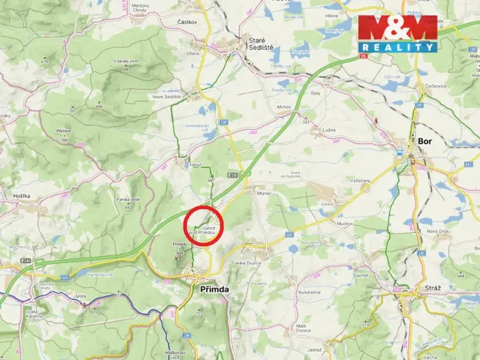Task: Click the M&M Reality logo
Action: coord(397,33)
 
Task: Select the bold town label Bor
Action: coord(425,142)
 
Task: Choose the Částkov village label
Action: coord(188,22)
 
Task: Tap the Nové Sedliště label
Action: coord(166,96)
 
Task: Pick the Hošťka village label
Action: coord(22,196)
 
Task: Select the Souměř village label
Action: coord(362,275)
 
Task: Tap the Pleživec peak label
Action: coord(65,132)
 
